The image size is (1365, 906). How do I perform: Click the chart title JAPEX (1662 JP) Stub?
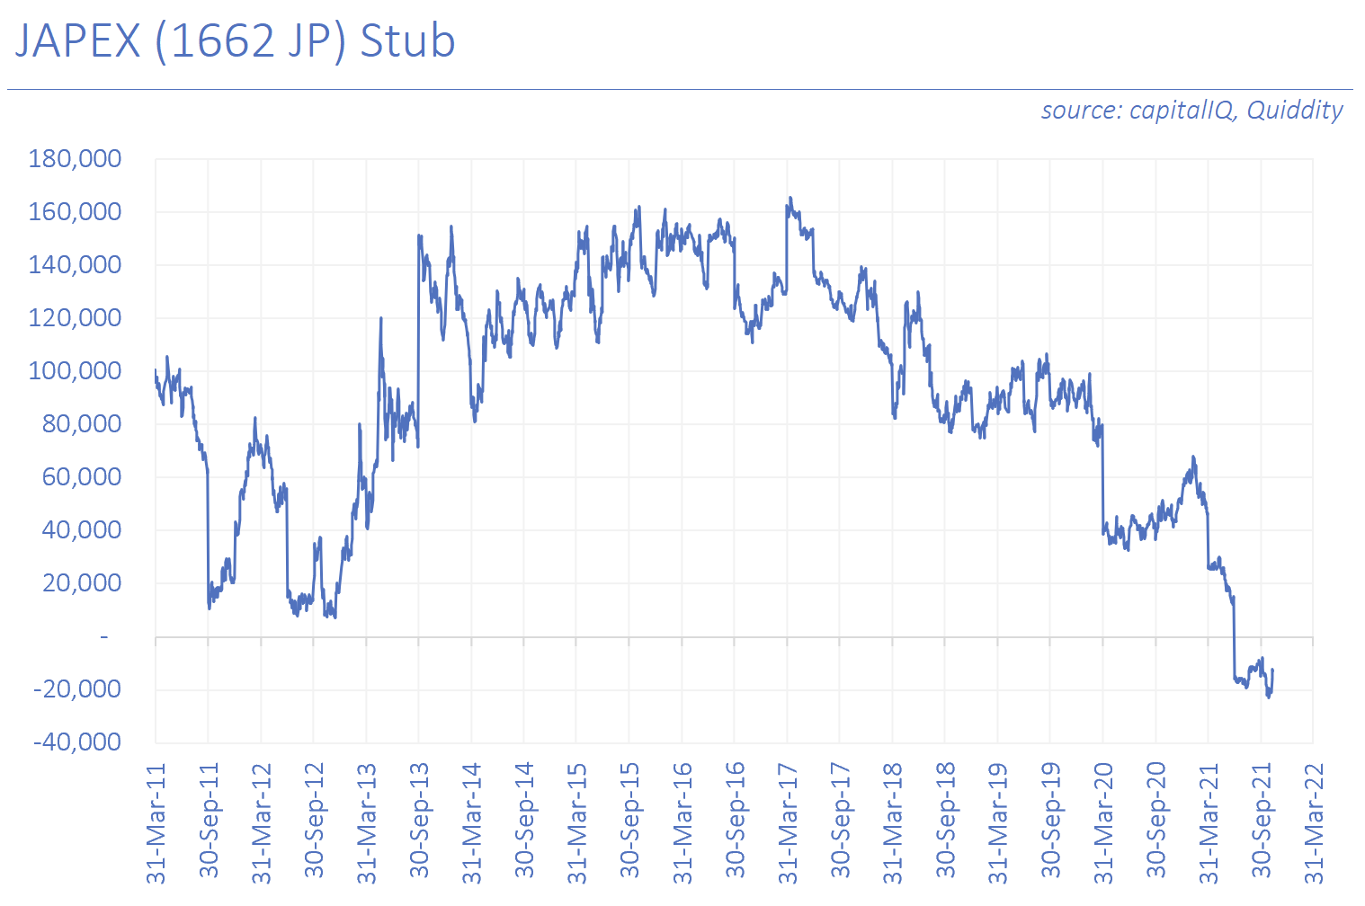(236, 42)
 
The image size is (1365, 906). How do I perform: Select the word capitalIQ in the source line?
(1182, 111)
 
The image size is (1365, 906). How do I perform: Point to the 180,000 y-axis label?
(75, 159)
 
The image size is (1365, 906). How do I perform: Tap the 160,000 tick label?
(75, 212)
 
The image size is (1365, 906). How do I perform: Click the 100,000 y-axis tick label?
(75, 371)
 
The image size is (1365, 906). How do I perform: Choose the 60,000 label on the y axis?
(81, 477)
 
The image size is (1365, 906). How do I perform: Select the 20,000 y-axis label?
(81, 583)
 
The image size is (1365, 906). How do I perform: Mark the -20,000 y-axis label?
(77, 689)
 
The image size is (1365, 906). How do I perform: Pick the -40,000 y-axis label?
(77, 742)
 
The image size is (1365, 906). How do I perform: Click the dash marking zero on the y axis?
(104, 637)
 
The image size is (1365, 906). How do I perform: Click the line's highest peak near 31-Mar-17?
(790, 198)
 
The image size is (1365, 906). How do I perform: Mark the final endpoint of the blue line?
(1272, 670)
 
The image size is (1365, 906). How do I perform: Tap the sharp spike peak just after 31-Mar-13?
(381, 318)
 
